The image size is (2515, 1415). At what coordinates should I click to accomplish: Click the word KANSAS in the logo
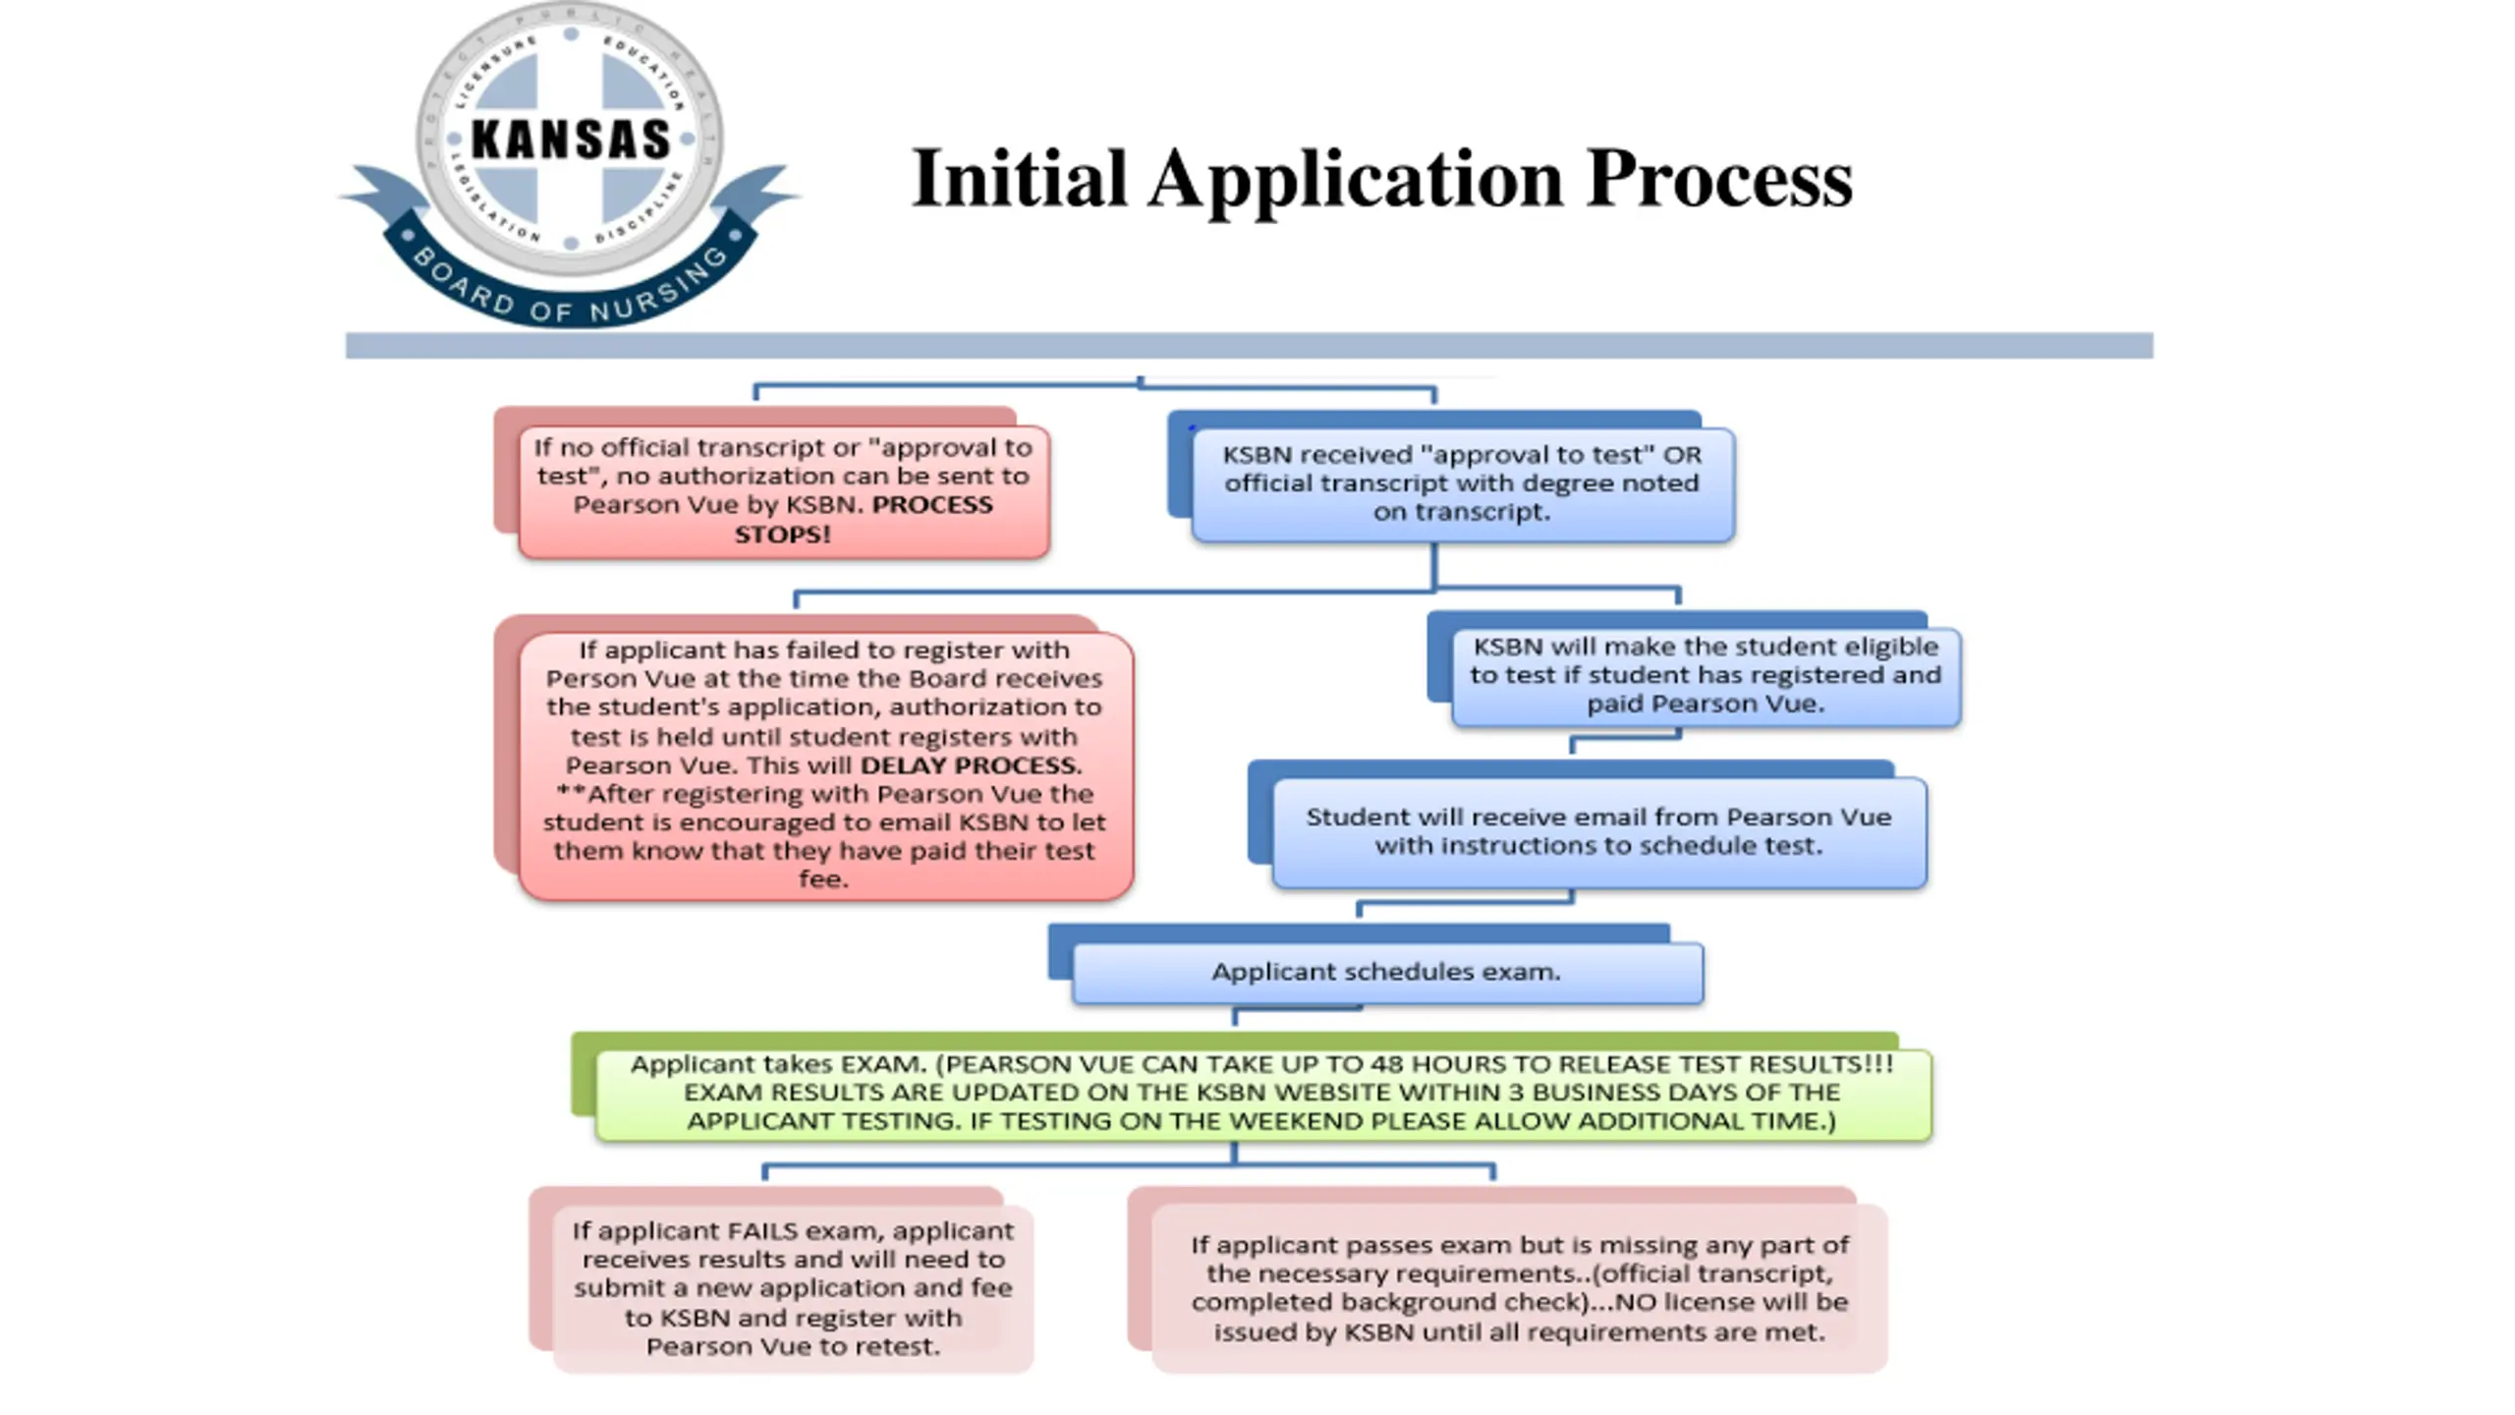(570, 139)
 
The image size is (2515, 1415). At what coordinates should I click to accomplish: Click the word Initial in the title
(1019, 179)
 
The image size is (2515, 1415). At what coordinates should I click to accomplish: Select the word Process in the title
(1719, 179)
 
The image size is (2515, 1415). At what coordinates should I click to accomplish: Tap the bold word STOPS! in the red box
(782, 535)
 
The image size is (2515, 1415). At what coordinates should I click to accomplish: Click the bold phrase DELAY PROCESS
(971, 765)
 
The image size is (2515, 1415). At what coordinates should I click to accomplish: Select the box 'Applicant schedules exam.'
(1386, 972)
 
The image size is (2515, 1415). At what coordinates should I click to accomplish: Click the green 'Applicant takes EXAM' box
(1262, 1093)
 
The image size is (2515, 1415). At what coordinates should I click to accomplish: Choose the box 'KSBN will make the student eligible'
(1705, 675)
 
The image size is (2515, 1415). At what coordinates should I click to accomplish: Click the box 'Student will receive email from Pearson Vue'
(1598, 831)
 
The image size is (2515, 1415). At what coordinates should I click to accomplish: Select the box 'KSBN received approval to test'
(1462, 483)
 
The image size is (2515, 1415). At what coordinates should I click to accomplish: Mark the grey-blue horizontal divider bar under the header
(1248, 345)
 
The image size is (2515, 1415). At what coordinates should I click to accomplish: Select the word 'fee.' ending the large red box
(823, 879)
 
